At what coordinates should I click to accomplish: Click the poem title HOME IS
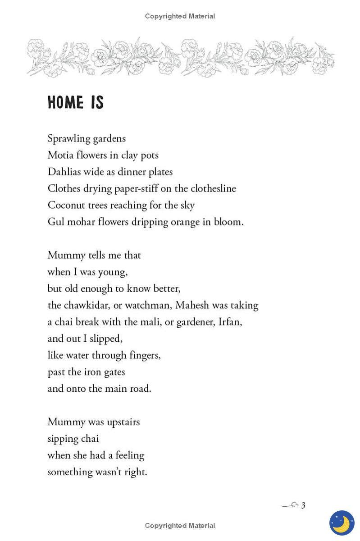click(x=76, y=103)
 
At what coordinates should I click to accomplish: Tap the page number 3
click(x=303, y=505)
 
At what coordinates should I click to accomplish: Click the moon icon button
click(x=342, y=523)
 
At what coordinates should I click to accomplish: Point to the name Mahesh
click(x=192, y=305)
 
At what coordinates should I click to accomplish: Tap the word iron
click(x=91, y=372)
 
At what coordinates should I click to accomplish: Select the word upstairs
click(x=123, y=422)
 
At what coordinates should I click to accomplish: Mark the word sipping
click(x=62, y=439)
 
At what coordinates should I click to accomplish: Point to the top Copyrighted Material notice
click(x=180, y=16)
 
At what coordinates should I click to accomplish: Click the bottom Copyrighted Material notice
click(x=180, y=526)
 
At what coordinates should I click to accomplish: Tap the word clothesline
click(x=213, y=188)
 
